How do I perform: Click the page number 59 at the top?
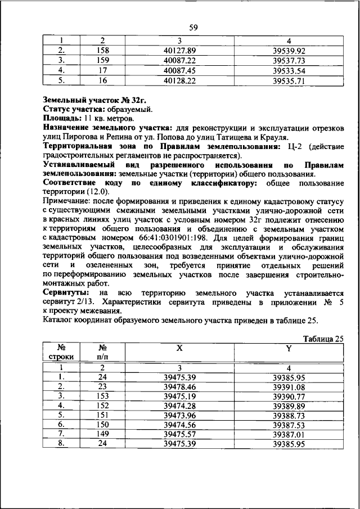193,27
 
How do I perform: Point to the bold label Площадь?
62,119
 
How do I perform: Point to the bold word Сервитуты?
65,293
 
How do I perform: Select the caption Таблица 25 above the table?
323,339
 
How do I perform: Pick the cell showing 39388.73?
289,415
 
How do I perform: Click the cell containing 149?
102,434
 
